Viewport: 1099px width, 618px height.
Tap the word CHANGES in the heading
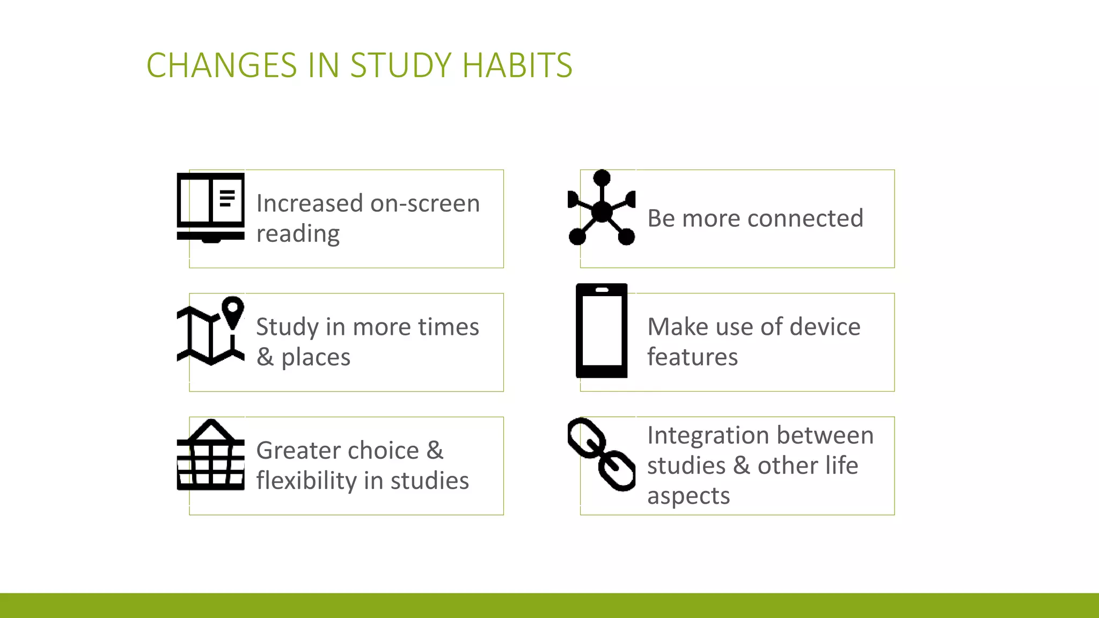(222, 65)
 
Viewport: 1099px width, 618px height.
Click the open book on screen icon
(210, 208)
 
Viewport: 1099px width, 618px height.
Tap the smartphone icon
(602, 330)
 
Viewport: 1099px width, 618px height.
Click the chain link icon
(602, 454)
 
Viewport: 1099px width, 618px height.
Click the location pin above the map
(233, 311)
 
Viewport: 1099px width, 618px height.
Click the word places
(316, 357)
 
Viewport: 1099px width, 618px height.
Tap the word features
(692, 357)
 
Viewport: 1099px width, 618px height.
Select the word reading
(298, 234)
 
